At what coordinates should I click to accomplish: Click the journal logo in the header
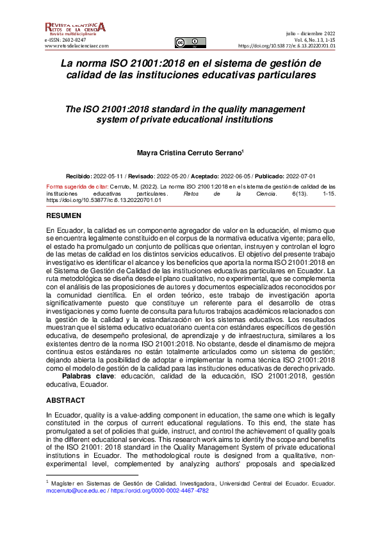tap(74, 29)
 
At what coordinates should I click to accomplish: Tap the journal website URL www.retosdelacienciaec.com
tap(77, 46)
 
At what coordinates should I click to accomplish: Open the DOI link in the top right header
tap(286, 46)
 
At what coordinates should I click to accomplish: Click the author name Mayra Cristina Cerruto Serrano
tap(190, 153)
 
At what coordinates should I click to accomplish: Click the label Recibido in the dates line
tap(79, 175)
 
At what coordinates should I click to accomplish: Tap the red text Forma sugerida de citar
tap(78, 185)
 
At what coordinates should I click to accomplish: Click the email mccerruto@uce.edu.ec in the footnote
tap(74, 489)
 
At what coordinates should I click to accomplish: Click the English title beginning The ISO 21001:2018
tap(190, 114)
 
